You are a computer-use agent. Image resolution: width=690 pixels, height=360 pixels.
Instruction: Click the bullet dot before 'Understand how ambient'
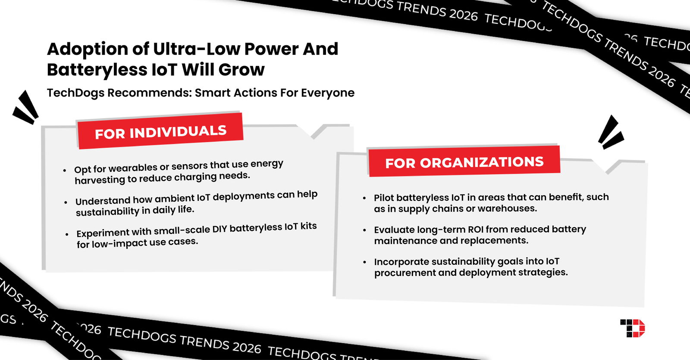pyautogui.click(x=66, y=202)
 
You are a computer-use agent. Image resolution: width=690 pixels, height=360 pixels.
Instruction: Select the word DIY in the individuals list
pyautogui.click(x=220, y=229)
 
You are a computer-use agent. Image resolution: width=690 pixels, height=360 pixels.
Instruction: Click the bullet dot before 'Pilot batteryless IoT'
pyautogui.click(x=364, y=198)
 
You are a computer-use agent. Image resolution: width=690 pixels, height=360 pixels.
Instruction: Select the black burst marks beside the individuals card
pyautogui.click(x=26, y=107)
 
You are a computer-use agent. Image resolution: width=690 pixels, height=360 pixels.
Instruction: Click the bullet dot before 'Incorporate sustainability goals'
pyautogui.click(x=364, y=262)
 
